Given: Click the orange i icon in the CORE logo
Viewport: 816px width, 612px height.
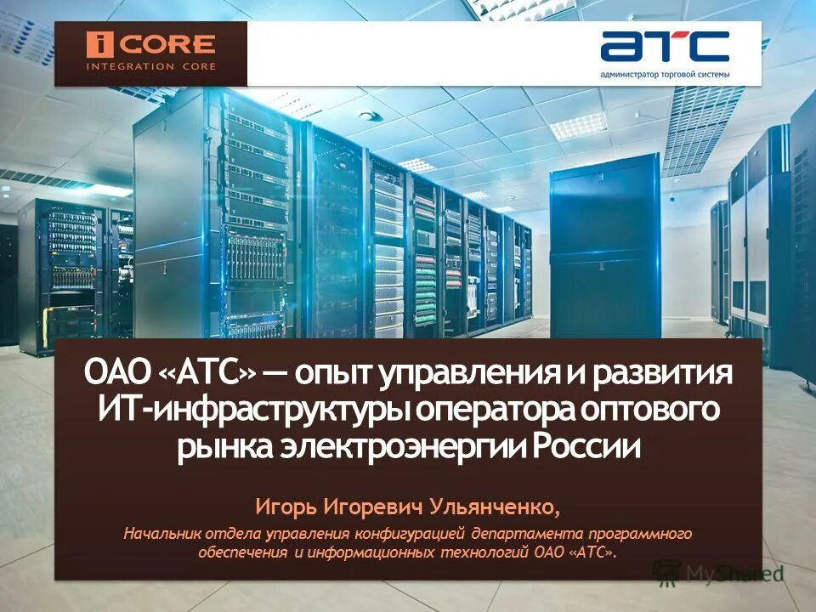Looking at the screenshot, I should point(100,44).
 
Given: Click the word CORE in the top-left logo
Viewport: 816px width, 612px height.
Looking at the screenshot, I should point(168,44).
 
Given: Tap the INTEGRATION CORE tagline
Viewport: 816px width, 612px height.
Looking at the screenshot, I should point(151,66).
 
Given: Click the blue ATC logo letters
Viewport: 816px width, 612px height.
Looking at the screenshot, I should point(665,47).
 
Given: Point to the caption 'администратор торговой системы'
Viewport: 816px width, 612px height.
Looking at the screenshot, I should point(665,75).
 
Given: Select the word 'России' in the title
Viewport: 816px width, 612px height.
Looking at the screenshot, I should point(589,447).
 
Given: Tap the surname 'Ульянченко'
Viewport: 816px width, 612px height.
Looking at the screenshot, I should point(494,507).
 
